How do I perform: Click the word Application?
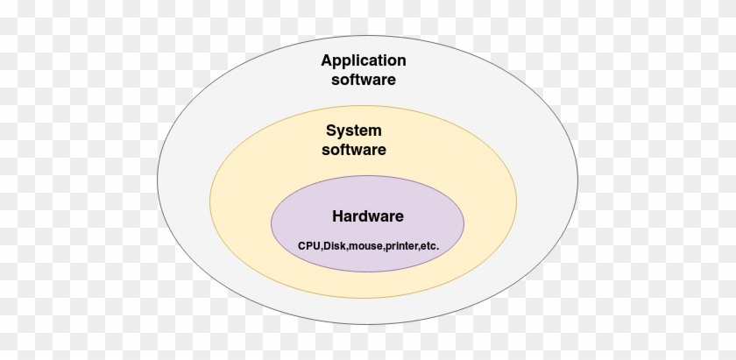[x=363, y=60]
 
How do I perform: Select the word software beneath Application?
[x=363, y=79]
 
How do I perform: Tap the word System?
[x=354, y=131]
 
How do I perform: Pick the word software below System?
[x=354, y=150]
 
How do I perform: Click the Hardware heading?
[x=368, y=215]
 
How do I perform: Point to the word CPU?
[x=309, y=246]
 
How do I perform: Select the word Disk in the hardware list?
[x=336, y=246]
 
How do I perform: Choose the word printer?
[x=403, y=246]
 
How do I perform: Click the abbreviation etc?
[x=430, y=246]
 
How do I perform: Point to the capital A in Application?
[x=327, y=60]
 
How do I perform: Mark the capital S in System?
[x=331, y=131]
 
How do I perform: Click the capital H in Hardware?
[x=337, y=215]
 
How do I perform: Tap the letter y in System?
[x=342, y=133]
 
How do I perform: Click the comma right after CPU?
[x=322, y=249]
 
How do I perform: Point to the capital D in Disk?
[x=328, y=246]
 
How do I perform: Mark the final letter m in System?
[x=375, y=131]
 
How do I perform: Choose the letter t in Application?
[x=379, y=60]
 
